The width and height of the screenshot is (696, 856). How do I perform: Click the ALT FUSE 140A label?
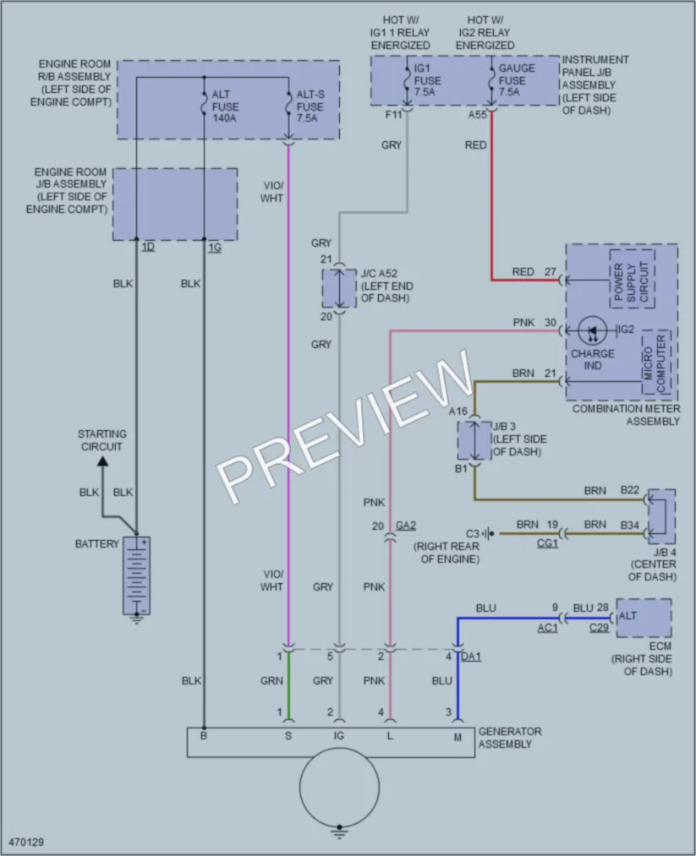[x=225, y=106]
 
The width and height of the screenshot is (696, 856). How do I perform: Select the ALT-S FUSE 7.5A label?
[x=310, y=106]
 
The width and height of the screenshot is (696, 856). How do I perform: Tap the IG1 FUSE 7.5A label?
[x=427, y=80]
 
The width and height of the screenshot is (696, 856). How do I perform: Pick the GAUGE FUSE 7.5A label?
[x=516, y=80]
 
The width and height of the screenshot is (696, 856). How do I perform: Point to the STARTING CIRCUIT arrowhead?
[x=102, y=462]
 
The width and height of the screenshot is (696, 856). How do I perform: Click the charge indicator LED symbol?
[x=593, y=330]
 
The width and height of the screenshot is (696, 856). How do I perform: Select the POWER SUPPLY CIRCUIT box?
[x=632, y=280]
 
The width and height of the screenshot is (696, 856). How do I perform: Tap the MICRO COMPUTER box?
[x=655, y=362]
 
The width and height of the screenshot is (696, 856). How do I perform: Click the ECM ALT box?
[x=644, y=618]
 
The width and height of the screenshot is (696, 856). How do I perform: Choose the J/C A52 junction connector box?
[x=339, y=288]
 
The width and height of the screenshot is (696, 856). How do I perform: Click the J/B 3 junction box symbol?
[x=474, y=440]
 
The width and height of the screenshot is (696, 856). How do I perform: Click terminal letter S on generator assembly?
[x=288, y=737]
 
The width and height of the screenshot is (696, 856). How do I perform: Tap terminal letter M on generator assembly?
[x=458, y=738]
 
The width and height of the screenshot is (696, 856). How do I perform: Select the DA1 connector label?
[x=471, y=657]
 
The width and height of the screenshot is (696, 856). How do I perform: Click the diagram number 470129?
[x=26, y=842]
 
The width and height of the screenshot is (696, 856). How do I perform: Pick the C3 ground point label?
[x=472, y=533]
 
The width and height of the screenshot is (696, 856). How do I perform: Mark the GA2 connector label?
[x=406, y=525]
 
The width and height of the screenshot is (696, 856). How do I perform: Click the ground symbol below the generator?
[x=339, y=831]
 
